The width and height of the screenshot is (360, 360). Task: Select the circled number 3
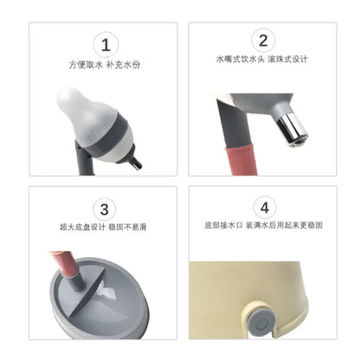pos(105,209)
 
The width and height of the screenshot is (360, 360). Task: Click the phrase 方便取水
pos(85,65)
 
